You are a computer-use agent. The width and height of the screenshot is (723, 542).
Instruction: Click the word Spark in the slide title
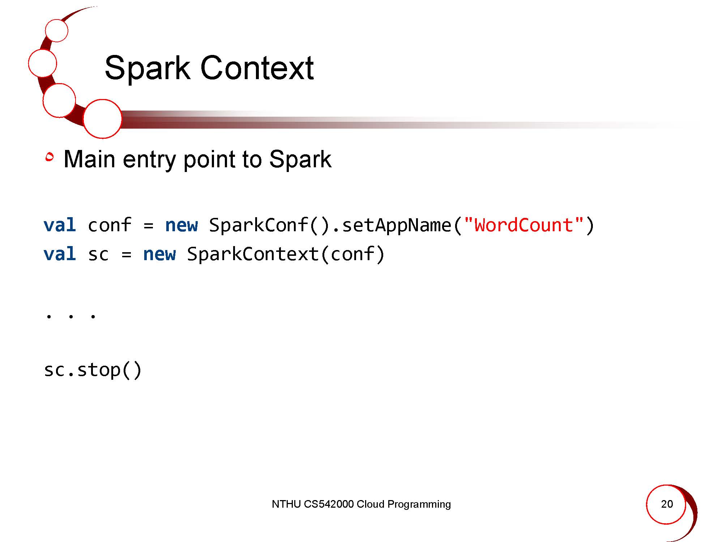pyautogui.click(x=147, y=68)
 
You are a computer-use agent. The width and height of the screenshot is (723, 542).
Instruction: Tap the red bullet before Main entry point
pyautogui.click(x=50, y=158)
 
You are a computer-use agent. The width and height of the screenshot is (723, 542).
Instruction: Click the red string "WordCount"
pyautogui.click(x=523, y=225)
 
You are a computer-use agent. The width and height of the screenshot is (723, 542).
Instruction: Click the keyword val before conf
pyautogui.click(x=60, y=225)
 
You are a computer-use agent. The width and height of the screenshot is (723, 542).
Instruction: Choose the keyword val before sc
pyautogui.click(x=60, y=254)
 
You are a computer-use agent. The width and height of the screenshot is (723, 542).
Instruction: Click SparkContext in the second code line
pyautogui.click(x=252, y=254)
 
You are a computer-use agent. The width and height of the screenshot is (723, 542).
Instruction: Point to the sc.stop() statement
pyautogui.click(x=93, y=370)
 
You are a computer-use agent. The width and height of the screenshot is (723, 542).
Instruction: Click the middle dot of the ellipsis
pyautogui.click(x=71, y=317)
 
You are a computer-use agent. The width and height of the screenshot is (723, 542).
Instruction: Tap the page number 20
pyautogui.click(x=667, y=504)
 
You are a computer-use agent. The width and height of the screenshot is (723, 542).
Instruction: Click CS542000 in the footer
pyautogui.click(x=329, y=504)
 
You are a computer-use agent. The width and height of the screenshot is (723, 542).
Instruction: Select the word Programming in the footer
pyautogui.click(x=419, y=505)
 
